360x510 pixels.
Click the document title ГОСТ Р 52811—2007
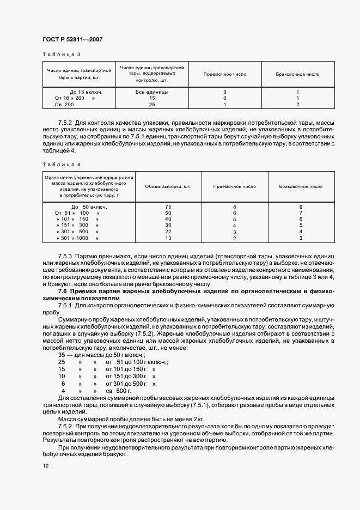tap(72, 39)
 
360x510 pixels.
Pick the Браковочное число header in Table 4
tap(301, 187)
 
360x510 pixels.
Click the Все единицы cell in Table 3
tap(152, 92)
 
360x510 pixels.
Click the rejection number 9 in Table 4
tap(301, 207)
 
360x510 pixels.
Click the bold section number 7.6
tap(63, 292)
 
